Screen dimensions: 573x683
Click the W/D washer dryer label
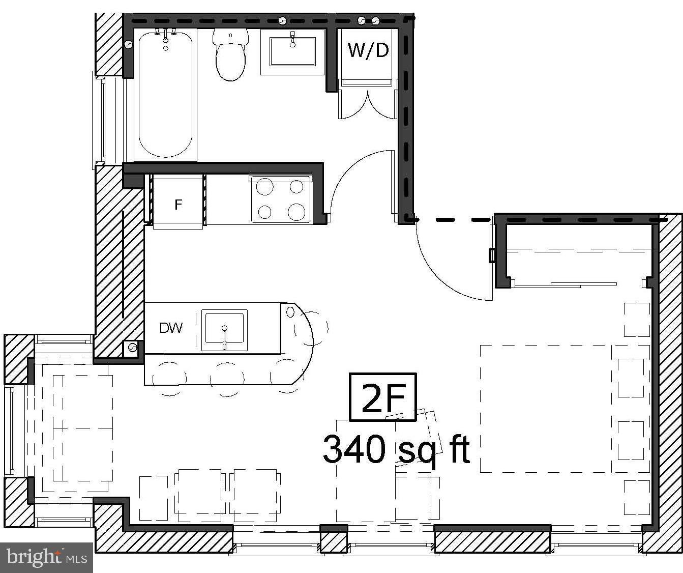(368, 50)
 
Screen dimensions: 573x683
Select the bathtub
(165, 97)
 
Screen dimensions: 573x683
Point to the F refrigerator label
(178, 205)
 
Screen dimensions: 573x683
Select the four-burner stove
(281, 199)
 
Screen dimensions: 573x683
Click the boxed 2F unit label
(382, 397)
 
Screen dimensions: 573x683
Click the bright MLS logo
(46, 557)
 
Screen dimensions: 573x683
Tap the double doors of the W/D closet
(367, 104)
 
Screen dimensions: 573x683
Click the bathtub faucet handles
(166, 34)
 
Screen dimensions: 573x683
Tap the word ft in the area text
(459, 449)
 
